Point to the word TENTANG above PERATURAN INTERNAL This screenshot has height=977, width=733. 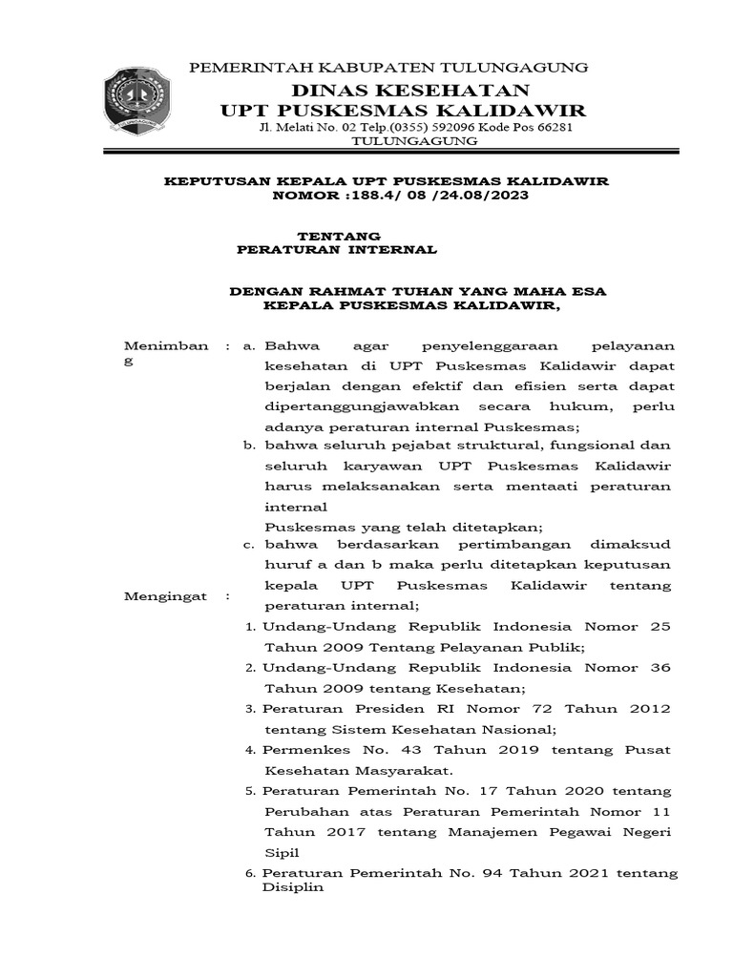click(x=339, y=235)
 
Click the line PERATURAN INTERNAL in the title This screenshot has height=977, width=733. click(x=337, y=249)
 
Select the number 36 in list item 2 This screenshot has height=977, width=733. click(x=660, y=668)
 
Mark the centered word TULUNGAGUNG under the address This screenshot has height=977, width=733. click(x=415, y=141)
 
